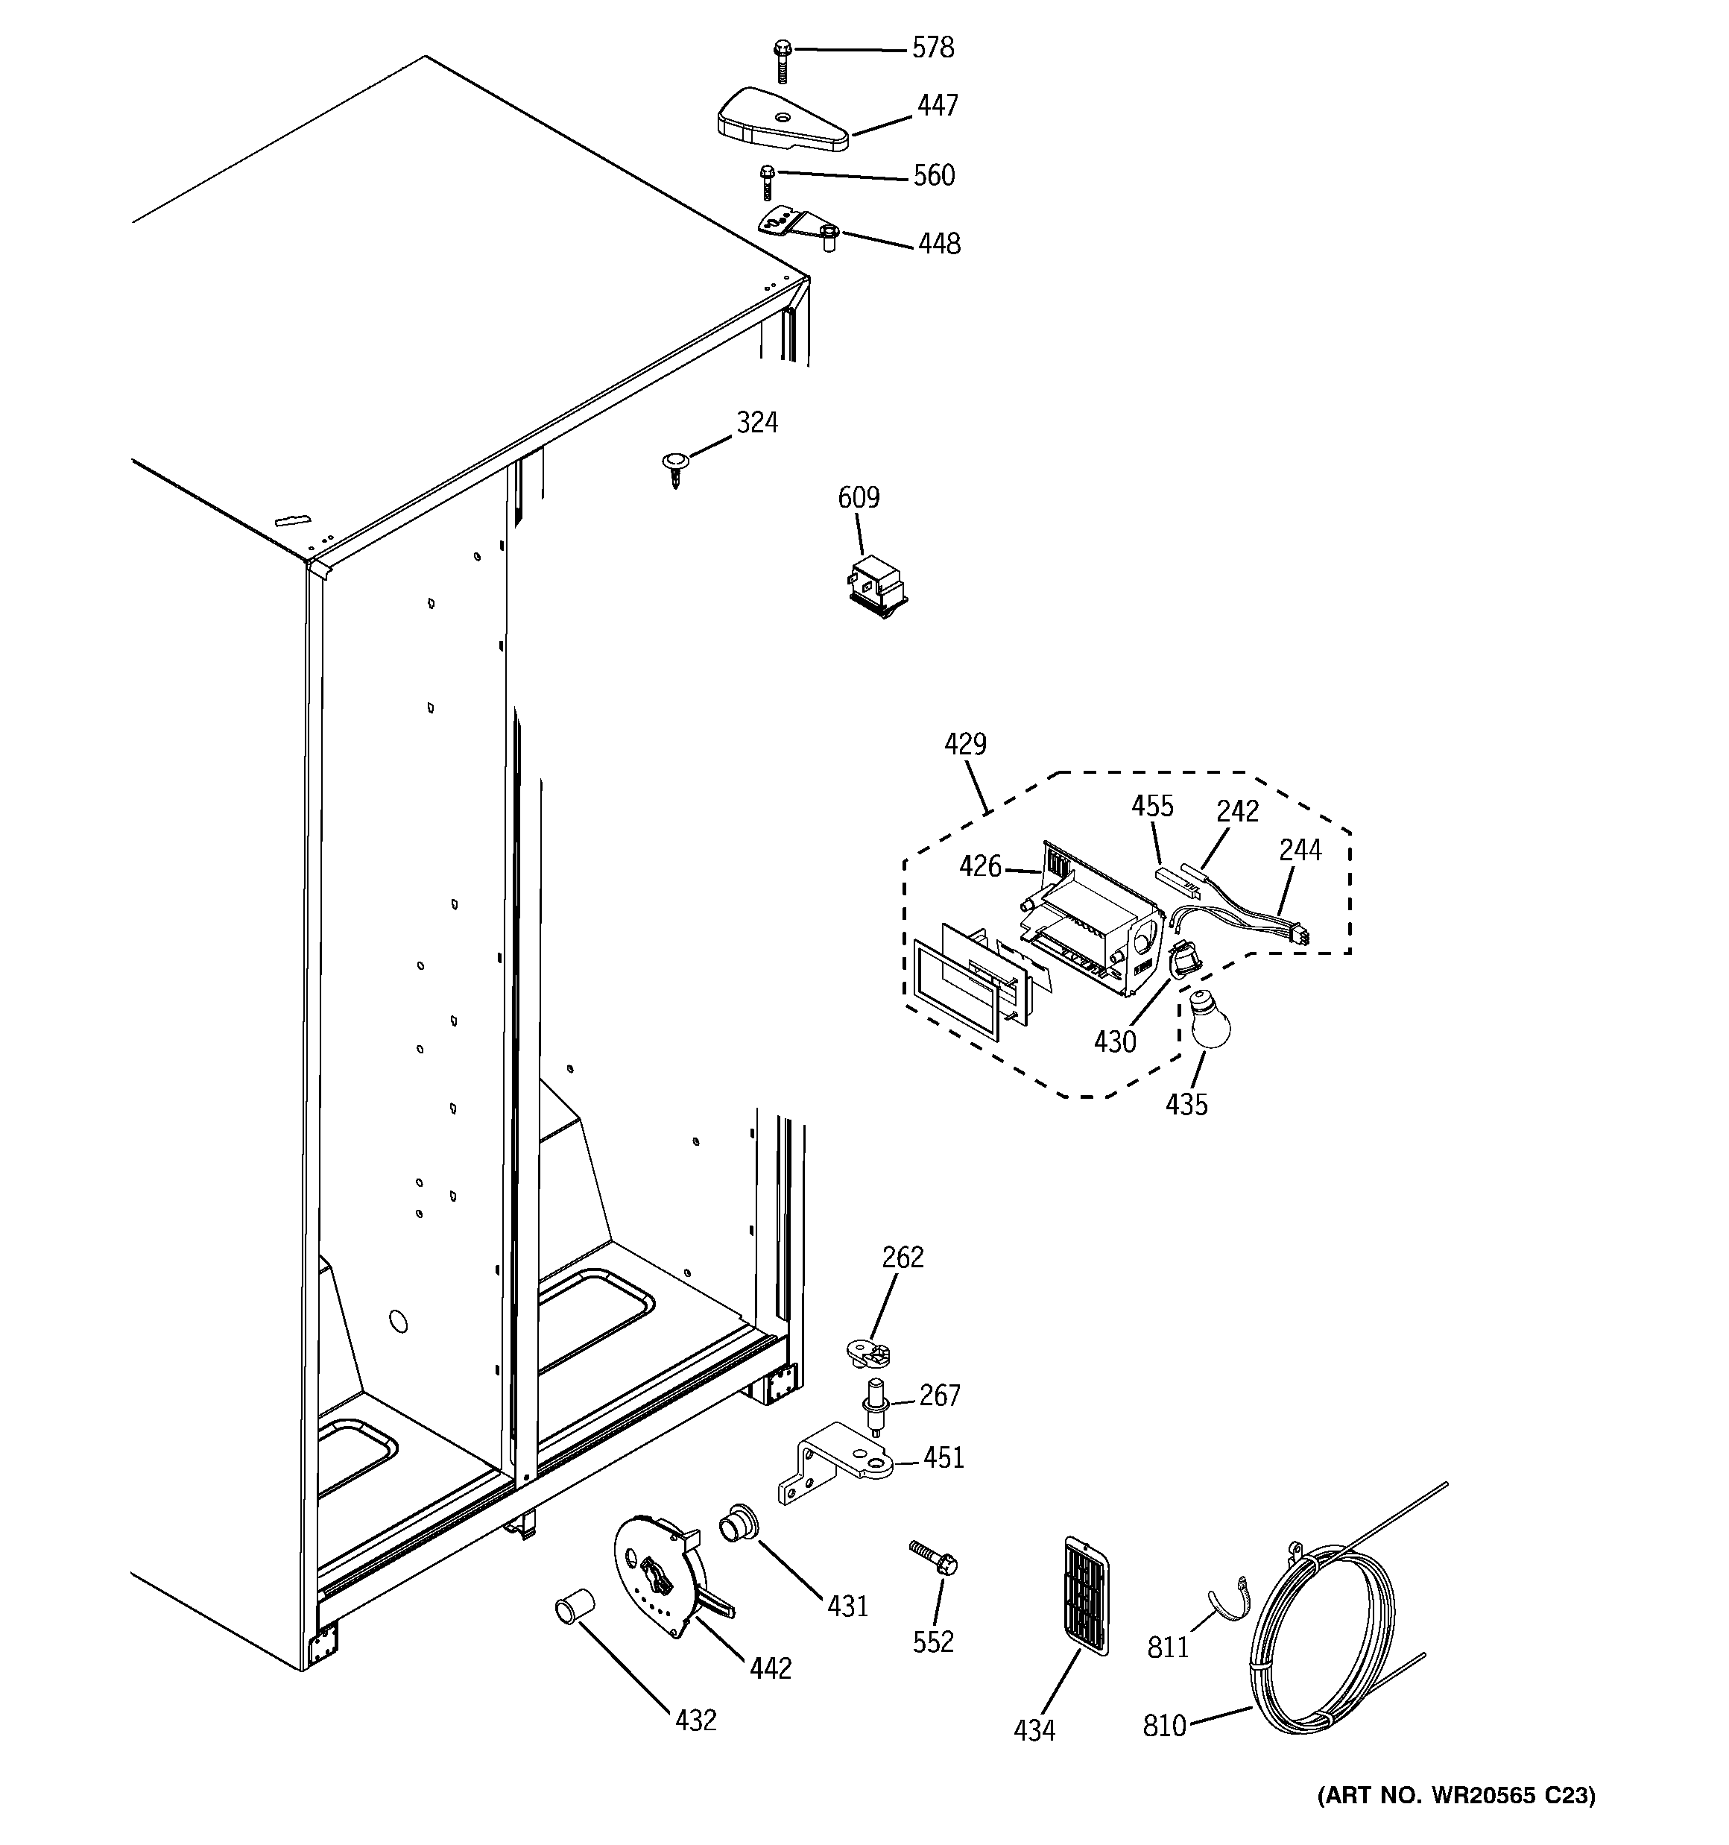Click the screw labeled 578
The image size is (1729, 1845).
coord(783,60)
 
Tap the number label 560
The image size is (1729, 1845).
coord(934,175)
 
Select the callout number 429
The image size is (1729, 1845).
coord(965,744)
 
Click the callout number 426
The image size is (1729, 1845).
coord(980,867)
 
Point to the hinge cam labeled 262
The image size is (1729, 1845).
coord(867,1353)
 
